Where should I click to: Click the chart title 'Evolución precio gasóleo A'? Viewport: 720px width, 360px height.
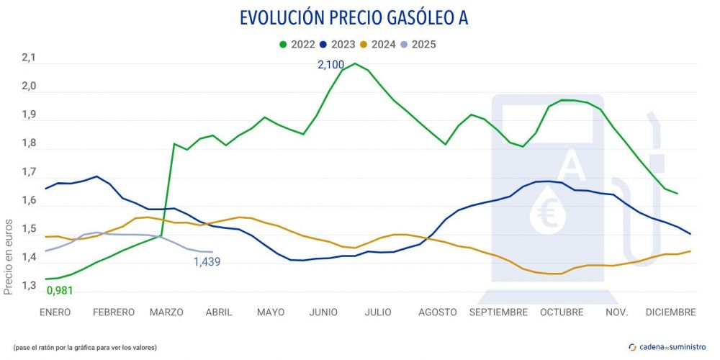click(x=354, y=17)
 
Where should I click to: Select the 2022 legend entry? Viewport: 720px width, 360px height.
click(x=297, y=44)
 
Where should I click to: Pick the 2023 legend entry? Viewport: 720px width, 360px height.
click(x=338, y=44)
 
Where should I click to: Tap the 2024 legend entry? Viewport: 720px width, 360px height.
click(x=379, y=44)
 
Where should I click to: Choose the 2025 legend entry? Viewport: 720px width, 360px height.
click(x=419, y=44)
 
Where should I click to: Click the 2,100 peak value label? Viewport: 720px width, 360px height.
click(x=330, y=65)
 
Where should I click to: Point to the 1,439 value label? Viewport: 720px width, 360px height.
click(x=207, y=262)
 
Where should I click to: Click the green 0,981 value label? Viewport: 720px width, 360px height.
click(x=60, y=291)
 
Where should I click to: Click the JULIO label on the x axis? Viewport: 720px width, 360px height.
click(x=378, y=312)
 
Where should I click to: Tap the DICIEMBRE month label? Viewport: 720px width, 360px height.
click(x=670, y=312)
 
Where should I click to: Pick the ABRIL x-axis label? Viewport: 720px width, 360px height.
click(x=219, y=312)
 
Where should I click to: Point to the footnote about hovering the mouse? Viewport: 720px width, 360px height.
click(x=85, y=347)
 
